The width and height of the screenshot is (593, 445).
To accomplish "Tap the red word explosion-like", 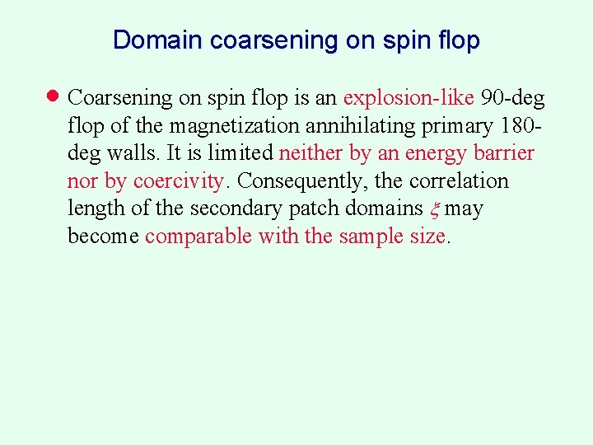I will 408,98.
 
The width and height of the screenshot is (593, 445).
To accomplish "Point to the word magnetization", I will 236,126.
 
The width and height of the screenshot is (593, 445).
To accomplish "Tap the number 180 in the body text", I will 516,125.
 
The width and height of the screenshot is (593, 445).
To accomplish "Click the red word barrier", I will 504,153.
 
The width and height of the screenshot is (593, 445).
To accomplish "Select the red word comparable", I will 198,237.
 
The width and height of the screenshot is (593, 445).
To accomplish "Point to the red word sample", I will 370,237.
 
